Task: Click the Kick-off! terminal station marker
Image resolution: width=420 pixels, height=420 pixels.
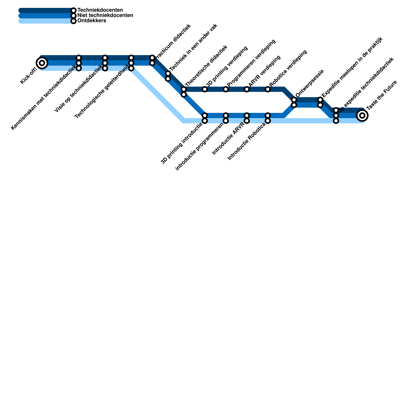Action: pos(42,63)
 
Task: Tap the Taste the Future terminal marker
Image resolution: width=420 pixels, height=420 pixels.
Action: pos(362,115)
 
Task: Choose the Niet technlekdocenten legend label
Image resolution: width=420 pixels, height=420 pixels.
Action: pos(105,15)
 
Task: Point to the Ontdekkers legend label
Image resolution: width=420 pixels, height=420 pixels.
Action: pos(92,21)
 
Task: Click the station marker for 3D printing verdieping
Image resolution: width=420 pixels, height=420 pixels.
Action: pos(205,89)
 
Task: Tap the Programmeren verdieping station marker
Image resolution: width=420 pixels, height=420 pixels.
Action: pos(226,89)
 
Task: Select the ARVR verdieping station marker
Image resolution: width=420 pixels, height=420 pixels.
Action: pos(247,89)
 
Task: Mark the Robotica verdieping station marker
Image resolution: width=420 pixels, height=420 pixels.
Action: pos(268,89)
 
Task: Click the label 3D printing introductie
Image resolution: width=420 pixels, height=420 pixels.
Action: pos(182,143)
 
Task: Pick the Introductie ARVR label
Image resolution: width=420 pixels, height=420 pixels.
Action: pos(228,138)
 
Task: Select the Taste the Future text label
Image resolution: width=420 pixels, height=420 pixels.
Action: pos(381,95)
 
